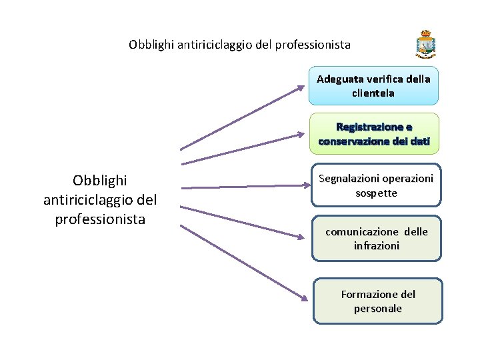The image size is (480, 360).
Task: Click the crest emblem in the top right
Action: point(425,45)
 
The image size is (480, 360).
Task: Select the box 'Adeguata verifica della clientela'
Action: point(373,85)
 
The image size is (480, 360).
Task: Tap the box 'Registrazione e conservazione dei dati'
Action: point(374,134)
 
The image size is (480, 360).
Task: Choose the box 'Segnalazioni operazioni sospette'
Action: point(377,185)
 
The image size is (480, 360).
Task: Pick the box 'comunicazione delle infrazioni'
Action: point(377,238)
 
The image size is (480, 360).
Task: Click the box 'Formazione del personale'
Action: point(377,301)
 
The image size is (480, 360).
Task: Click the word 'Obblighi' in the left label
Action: point(100,181)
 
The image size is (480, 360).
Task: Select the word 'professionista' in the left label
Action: point(100,219)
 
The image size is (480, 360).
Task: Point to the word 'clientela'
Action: point(373,93)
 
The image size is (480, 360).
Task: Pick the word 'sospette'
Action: point(377,193)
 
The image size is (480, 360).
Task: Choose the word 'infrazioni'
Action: point(377,246)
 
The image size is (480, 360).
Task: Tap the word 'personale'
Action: point(378,309)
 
